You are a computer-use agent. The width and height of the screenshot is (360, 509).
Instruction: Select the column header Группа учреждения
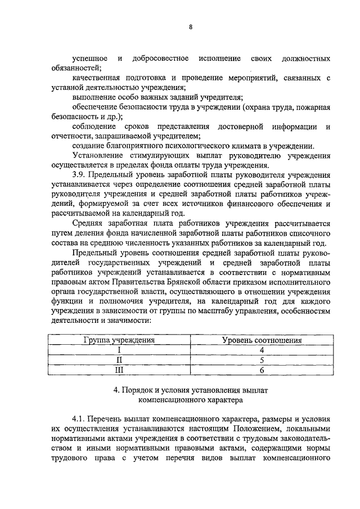[119, 340]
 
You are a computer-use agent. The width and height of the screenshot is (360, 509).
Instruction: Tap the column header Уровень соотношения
[262, 340]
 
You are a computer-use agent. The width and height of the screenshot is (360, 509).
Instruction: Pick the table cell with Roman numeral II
[119, 359]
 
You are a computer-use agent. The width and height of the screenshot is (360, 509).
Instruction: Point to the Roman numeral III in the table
[119, 370]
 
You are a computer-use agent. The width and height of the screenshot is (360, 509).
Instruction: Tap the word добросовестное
[156, 58]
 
